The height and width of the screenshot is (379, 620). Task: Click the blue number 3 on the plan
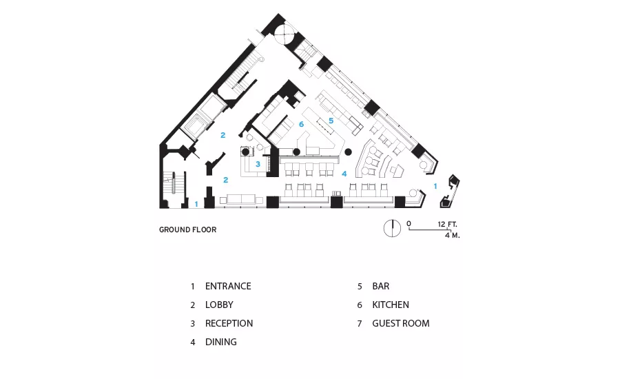pos(258,164)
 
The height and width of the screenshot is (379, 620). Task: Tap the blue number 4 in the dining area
pos(344,174)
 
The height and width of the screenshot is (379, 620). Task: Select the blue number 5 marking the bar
pos(331,121)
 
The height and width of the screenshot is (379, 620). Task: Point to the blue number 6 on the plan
pos(301,124)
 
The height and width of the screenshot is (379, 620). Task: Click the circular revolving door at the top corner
pos(284,34)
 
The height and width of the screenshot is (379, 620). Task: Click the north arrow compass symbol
pos(392,229)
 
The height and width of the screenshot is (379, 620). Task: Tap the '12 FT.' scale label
pos(447,225)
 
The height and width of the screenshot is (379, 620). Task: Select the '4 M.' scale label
pos(453,235)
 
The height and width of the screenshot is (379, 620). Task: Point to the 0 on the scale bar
pos(409,224)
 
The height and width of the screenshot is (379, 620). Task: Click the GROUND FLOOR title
pos(188,230)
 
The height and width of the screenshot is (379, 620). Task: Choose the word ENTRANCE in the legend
pos(228,286)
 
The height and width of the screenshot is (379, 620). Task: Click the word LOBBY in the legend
pos(219,305)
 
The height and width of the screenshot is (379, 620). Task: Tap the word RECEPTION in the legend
pos(229,323)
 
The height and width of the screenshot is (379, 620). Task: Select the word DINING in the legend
pos(221,342)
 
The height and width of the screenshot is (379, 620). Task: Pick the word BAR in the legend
pos(381,286)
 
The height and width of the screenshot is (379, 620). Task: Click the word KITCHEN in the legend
pos(391,305)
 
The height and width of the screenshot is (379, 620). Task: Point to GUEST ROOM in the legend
pos(401,323)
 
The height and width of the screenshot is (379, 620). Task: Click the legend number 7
pos(360,324)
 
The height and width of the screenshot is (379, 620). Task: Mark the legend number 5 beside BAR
pos(360,287)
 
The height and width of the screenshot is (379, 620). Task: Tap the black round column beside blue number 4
pos(349,152)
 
